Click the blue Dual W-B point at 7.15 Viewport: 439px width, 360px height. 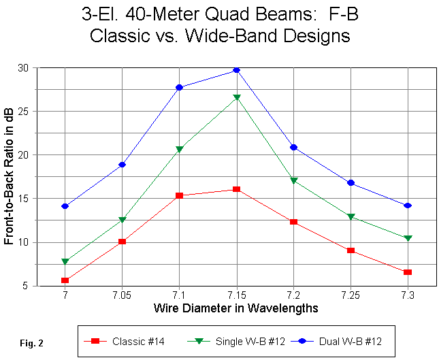click(236, 70)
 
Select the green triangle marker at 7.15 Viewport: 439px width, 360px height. click(236, 98)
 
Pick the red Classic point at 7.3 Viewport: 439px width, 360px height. click(408, 272)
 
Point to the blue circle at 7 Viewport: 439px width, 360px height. click(65, 206)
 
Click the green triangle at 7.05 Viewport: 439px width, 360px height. click(122, 220)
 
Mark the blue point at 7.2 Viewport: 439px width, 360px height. click(293, 148)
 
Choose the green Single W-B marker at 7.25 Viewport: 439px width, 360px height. click(351, 217)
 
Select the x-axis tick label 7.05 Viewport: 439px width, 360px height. click(122, 297)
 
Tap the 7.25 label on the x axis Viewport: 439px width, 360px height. click(351, 297)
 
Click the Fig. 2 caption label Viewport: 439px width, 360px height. click(32, 343)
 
